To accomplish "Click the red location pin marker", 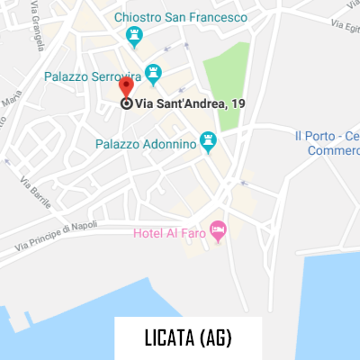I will [x=126, y=87].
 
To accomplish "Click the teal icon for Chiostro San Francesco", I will [x=135, y=36].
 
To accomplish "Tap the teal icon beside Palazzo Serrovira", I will [x=153, y=71].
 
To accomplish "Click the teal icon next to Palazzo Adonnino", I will [x=209, y=141].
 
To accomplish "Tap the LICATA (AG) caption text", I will [x=188, y=338].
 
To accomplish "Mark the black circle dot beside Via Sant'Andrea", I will [x=126, y=103].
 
